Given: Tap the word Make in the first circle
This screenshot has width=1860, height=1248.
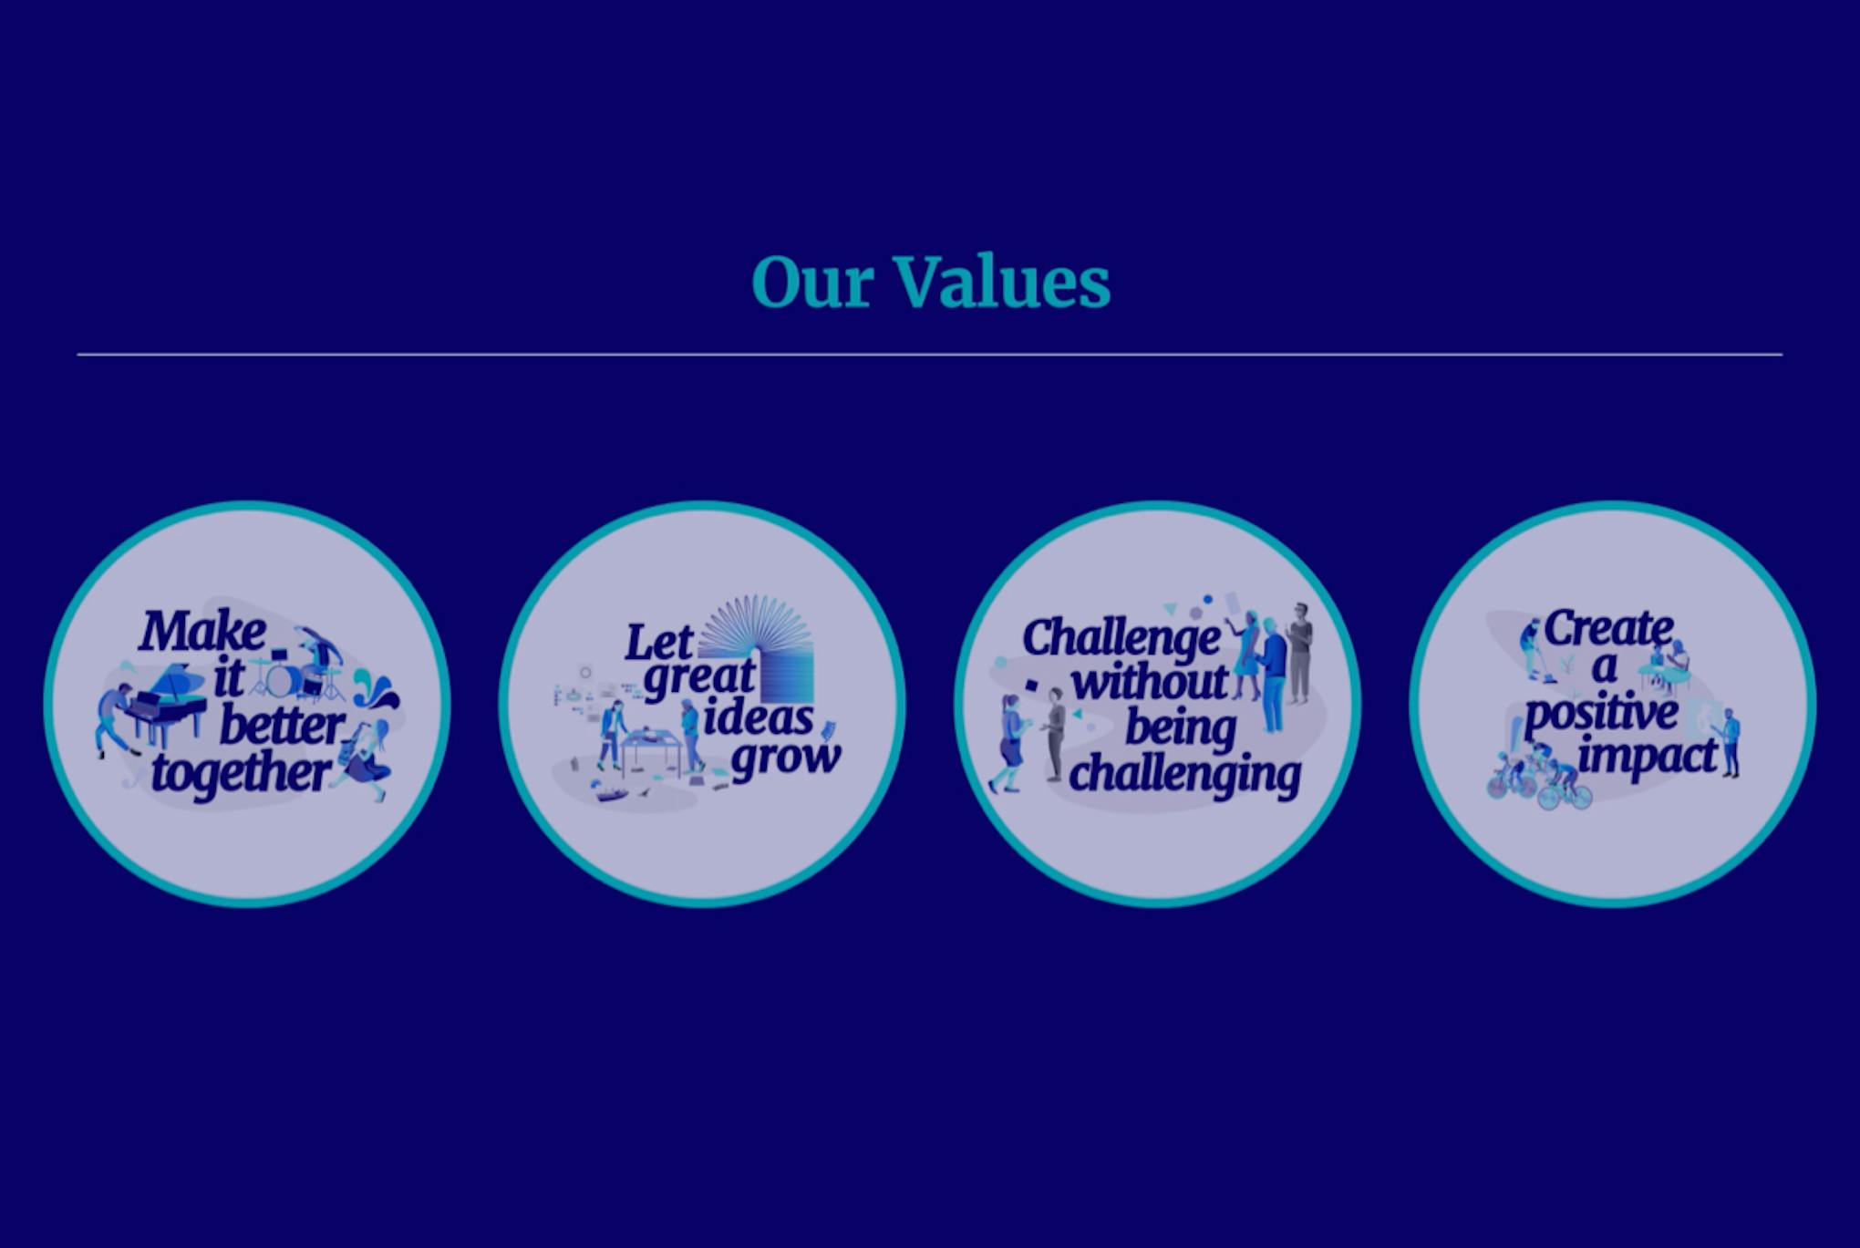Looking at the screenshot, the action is coord(202,631).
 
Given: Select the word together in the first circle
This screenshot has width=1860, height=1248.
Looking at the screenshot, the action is coord(241,774).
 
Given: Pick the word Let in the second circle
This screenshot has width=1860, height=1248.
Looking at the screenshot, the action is coord(659,642).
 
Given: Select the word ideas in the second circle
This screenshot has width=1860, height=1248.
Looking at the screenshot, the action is coord(758,717).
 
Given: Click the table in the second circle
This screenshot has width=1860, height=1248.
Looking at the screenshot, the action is coord(651,751).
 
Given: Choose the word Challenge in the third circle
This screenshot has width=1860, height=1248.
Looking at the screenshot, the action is coord(1122,639).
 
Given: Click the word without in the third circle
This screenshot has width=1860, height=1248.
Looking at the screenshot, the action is coord(1150,681).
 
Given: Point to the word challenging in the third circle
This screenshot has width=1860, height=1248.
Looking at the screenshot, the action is coord(1185,776).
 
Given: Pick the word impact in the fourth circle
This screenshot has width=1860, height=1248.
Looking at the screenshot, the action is coord(1648,757).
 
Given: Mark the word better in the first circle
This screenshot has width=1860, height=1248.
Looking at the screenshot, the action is coord(282,727).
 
